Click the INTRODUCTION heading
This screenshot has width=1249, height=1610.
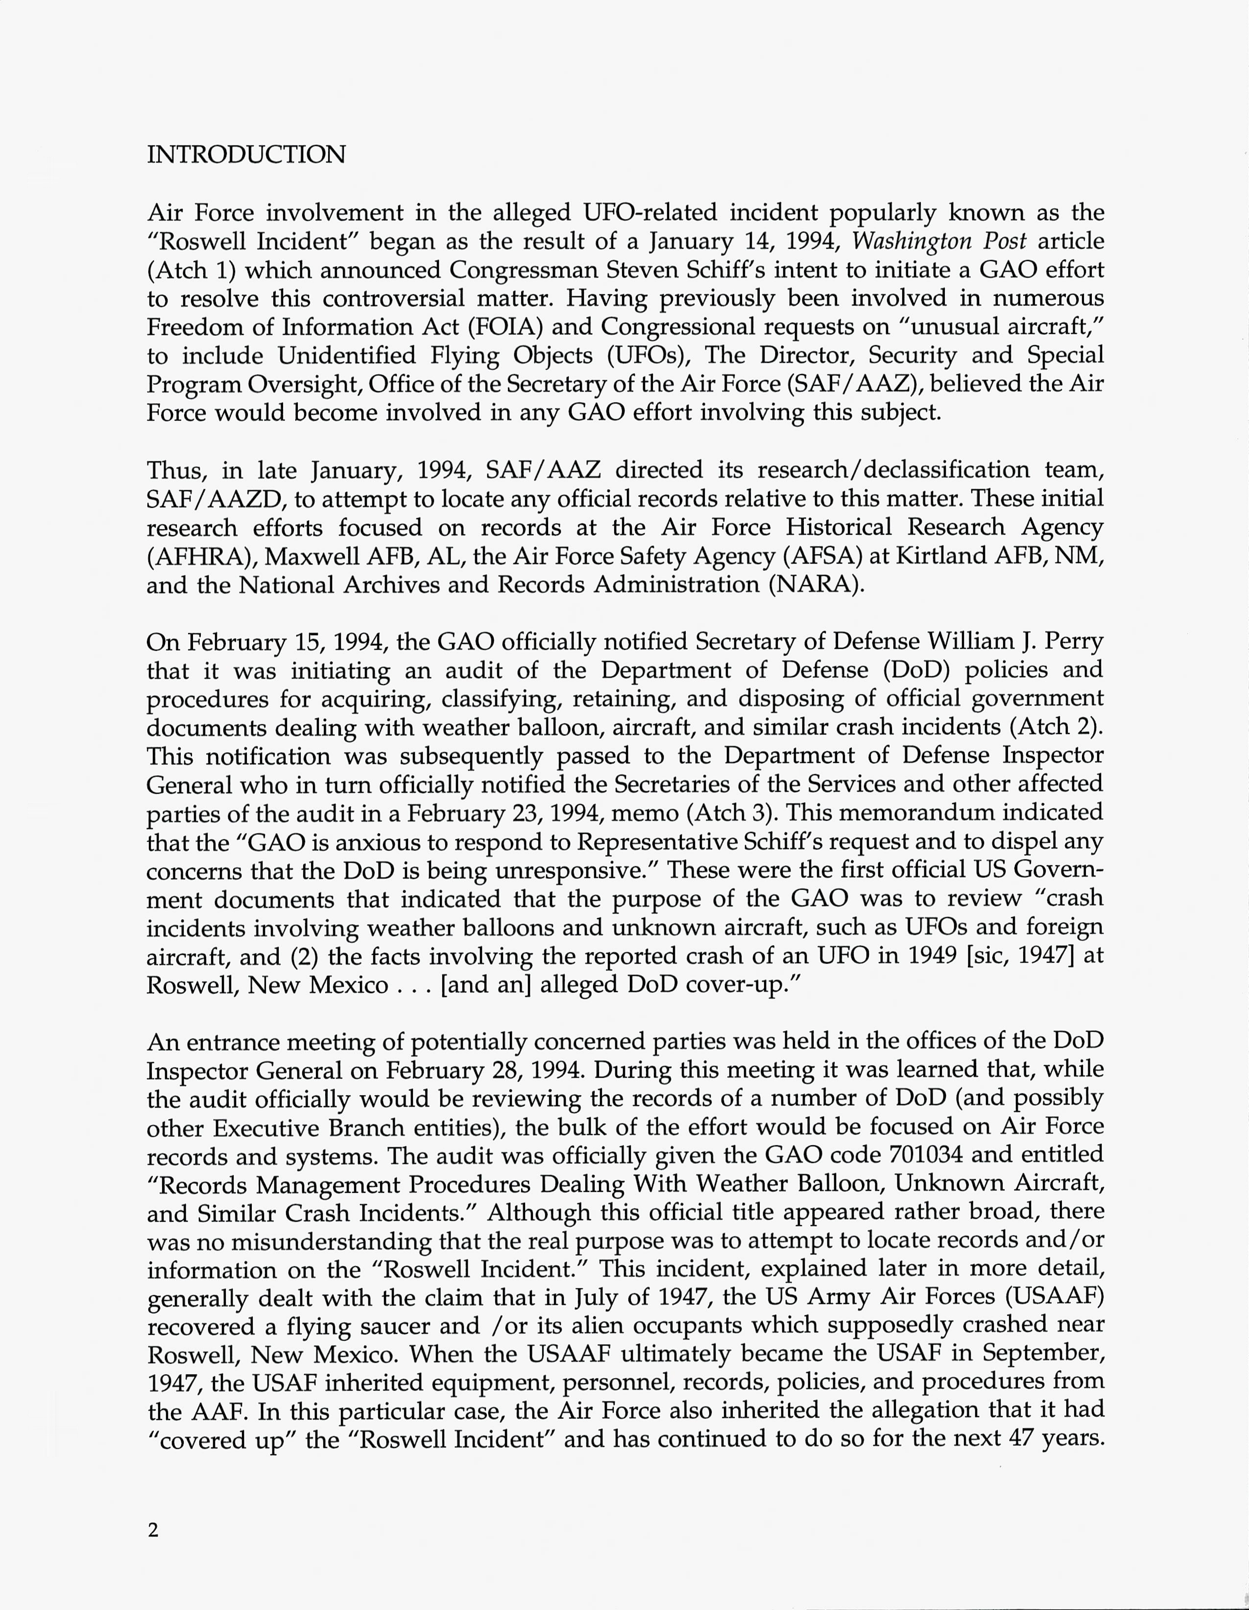click(x=246, y=155)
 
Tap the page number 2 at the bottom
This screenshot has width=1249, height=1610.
click(x=153, y=1530)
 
